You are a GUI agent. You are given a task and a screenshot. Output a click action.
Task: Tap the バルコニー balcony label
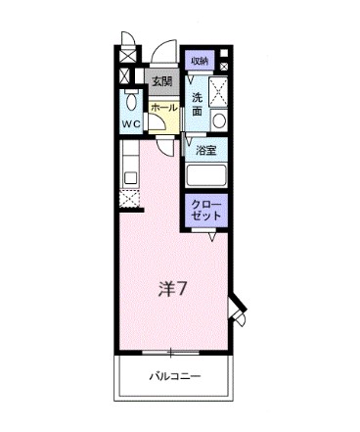pyautogui.click(x=174, y=376)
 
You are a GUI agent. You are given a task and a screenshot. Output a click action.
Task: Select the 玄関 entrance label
pyautogui.click(x=160, y=81)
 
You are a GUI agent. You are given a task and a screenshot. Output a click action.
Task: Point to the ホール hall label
pyautogui.click(x=163, y=107)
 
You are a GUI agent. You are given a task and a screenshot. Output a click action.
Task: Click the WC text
pyautogui.click(x=131, y=123)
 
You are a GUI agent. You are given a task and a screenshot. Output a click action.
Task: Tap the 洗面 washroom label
pyautogui.click(x=198, y=105)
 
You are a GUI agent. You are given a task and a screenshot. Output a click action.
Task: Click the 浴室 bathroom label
pyautogui.click(x=205, y=150)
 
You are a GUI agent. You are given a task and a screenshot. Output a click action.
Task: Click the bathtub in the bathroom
pyautogui.click(x=205, y=176)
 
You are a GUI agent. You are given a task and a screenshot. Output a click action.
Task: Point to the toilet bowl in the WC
pyautogui.click(x=132, y=102)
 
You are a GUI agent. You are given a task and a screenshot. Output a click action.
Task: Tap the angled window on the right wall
pyautogui.click(x=237, y=311)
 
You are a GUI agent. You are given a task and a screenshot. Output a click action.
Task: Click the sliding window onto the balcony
pyautogui.click(x=173, y=352)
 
